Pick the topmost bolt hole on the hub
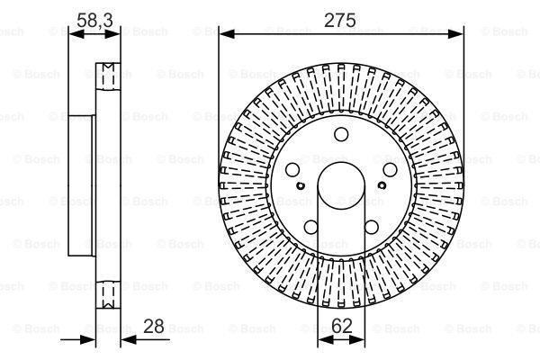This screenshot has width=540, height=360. tap(342, 135)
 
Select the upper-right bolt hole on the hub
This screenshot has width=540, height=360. tap(390, 170)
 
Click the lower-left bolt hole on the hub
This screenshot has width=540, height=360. tap(312, 226)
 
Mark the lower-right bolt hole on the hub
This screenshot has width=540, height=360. tap(372, 226)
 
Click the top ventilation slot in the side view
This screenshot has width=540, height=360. tap(109, 72)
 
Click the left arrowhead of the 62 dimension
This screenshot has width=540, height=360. tap(319, 340)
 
